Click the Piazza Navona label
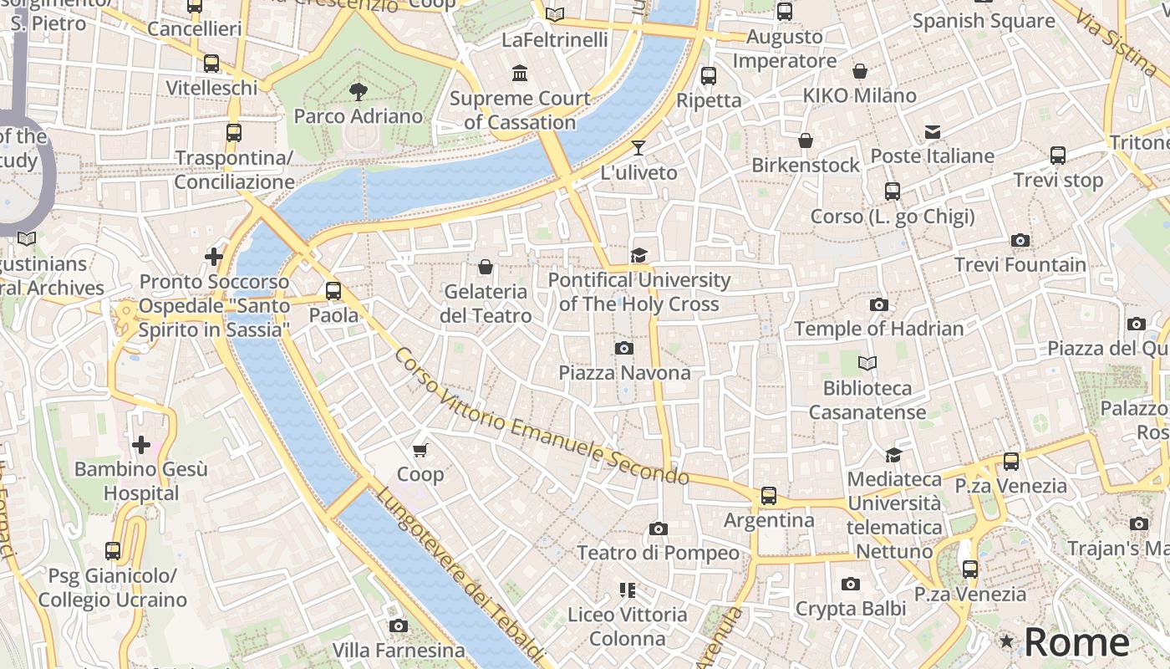click(624, 373)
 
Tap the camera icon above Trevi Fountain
click(1020, 241)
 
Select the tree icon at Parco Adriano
click(358, 91)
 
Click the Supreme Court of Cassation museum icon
click(520, 74)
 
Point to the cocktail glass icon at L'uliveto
click(638, 148)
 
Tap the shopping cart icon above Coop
click(420, 450)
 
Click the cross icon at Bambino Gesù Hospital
click(140, 444)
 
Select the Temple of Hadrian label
click(878, 329)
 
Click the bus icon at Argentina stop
click(768, 496)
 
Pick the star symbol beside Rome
click(1007, 641)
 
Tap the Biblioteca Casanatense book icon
click(867, 364)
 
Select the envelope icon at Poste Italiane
click(933, 132)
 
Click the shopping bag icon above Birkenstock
click(805, 140)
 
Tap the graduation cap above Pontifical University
click(639, 256)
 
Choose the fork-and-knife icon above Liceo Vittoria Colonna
click(628, 590)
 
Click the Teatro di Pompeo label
click(658, 553)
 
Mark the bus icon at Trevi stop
click(1057, 156)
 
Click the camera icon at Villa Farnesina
click(399, 626)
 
